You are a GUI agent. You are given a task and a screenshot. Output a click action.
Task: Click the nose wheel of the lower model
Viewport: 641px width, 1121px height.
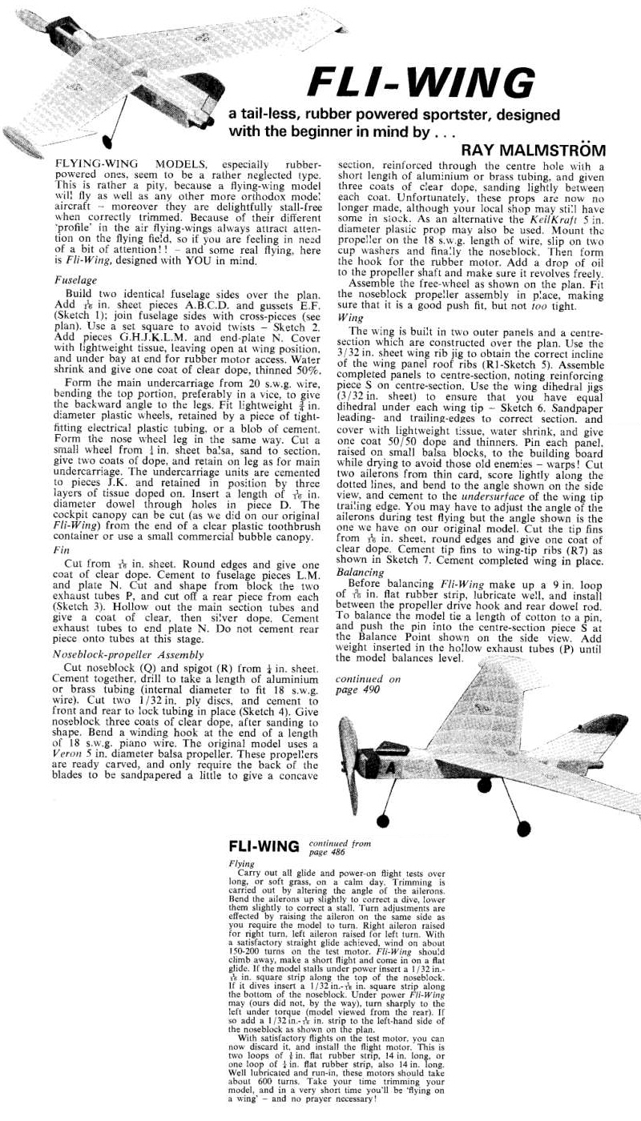coord(385,823)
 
